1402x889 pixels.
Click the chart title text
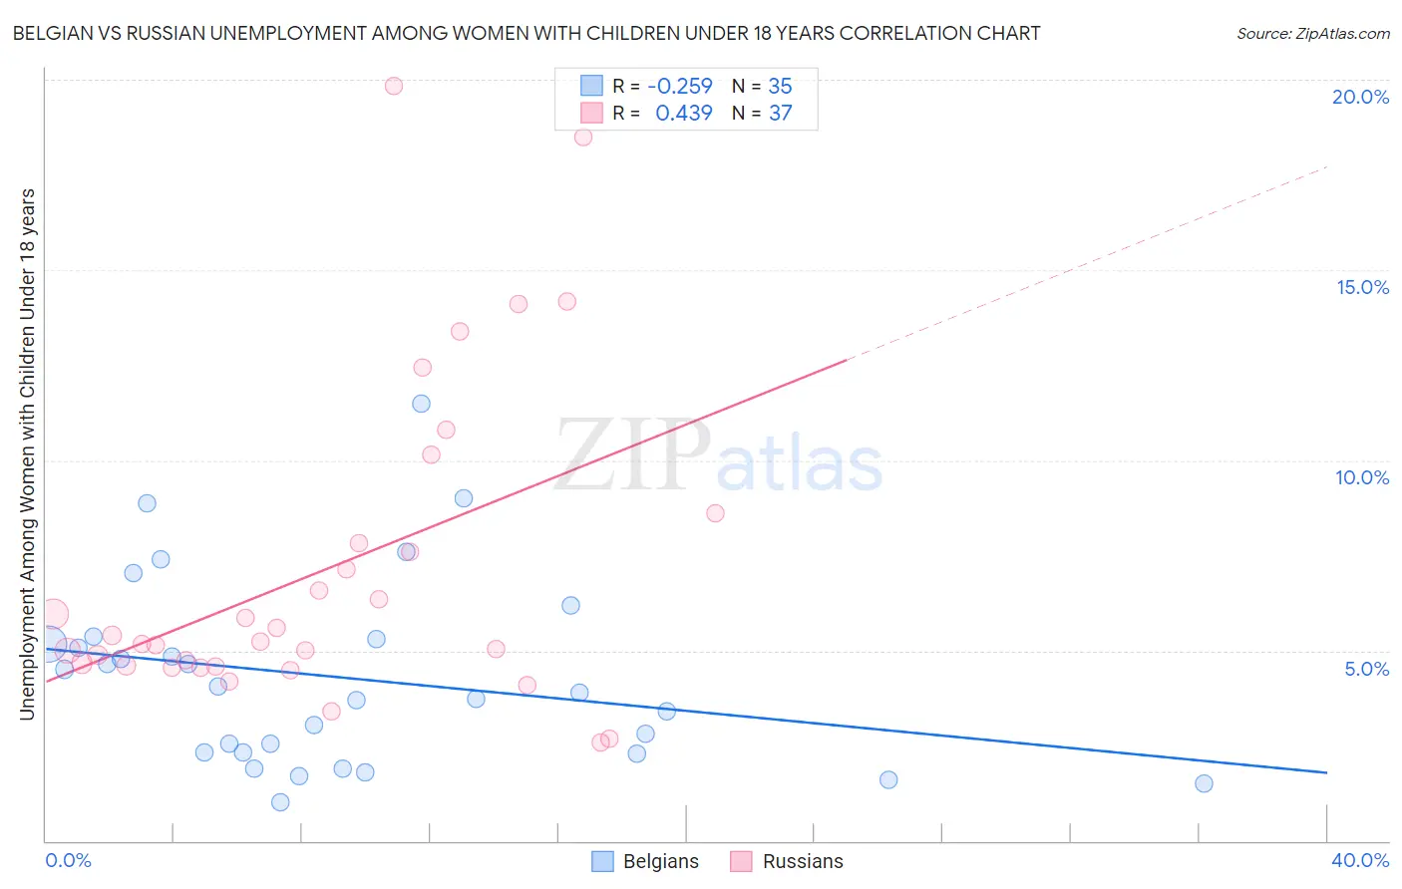(x=526, y=33)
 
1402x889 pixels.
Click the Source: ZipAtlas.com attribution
(x=1312, y=33)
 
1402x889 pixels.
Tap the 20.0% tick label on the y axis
(x=1360, y=97)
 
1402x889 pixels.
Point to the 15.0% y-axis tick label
(x=1362, y=287)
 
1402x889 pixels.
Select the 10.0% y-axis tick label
(x=1362, y=477)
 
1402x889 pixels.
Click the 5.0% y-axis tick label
(x=1366, y=669)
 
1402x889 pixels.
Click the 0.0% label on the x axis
(x=68, y=860)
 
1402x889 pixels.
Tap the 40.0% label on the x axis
(x=1360, y=860)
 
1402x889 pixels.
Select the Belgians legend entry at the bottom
(x=645, y=861)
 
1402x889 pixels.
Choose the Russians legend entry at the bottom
(x=787, y=861)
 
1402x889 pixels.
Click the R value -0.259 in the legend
(x=679, y=87)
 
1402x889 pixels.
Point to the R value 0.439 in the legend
(x=683, y=114)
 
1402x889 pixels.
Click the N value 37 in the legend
(x=780, y=114)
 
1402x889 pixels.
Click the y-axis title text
(x=27, y=453)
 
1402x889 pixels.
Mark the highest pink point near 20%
(x=394, y=86)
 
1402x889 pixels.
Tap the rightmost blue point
(x=1204, y=783)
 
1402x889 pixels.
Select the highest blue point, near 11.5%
(x=421, y=404)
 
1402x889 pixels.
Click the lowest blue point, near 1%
(x=280, y=802)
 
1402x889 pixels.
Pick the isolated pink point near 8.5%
(x=715, y=513)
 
